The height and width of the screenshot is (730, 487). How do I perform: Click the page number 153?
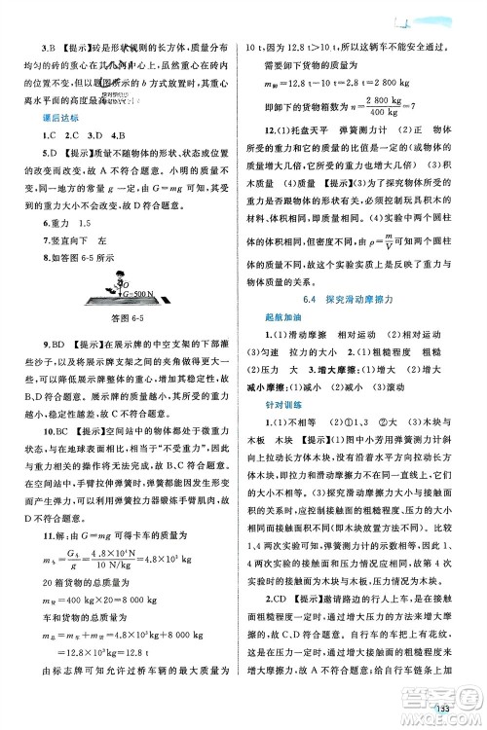click(447, 708)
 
